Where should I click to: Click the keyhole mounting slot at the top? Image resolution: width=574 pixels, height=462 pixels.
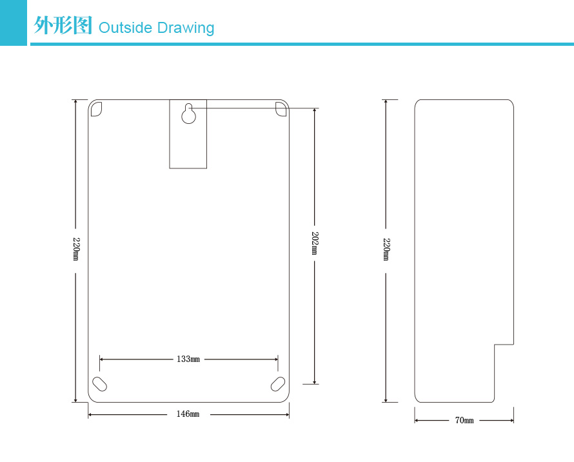click(188, 114)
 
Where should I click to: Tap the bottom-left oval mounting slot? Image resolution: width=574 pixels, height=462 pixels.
click(100, 383)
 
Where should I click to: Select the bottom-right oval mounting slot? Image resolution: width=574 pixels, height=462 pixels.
click(278, 383)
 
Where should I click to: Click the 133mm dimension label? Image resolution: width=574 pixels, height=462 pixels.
click(188, 359)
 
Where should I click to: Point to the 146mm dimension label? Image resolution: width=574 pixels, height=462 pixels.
click(188, 414)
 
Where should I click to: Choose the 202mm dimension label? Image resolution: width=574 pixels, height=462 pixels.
click(315, 243)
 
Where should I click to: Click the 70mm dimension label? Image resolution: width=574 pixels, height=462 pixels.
click(464, 421)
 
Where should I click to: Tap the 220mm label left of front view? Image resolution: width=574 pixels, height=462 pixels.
click(75, 249)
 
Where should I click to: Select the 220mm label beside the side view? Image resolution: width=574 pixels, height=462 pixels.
click(386, 249)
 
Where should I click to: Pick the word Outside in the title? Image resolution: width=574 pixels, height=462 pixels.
click(126, 28)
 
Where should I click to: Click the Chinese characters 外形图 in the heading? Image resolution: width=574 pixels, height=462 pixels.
click(63, 26)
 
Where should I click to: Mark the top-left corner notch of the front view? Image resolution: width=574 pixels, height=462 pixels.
click(96, 108)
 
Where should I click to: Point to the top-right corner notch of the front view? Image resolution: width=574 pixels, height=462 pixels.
click(281, 108)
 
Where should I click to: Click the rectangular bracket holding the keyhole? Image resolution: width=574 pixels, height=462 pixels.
click(188, 148)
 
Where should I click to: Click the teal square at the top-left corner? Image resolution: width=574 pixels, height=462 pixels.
click(13, 23)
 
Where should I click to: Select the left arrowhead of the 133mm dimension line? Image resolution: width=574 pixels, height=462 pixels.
click(102, 359)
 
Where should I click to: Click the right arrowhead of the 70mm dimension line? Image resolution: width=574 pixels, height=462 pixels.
click(511, 421)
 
